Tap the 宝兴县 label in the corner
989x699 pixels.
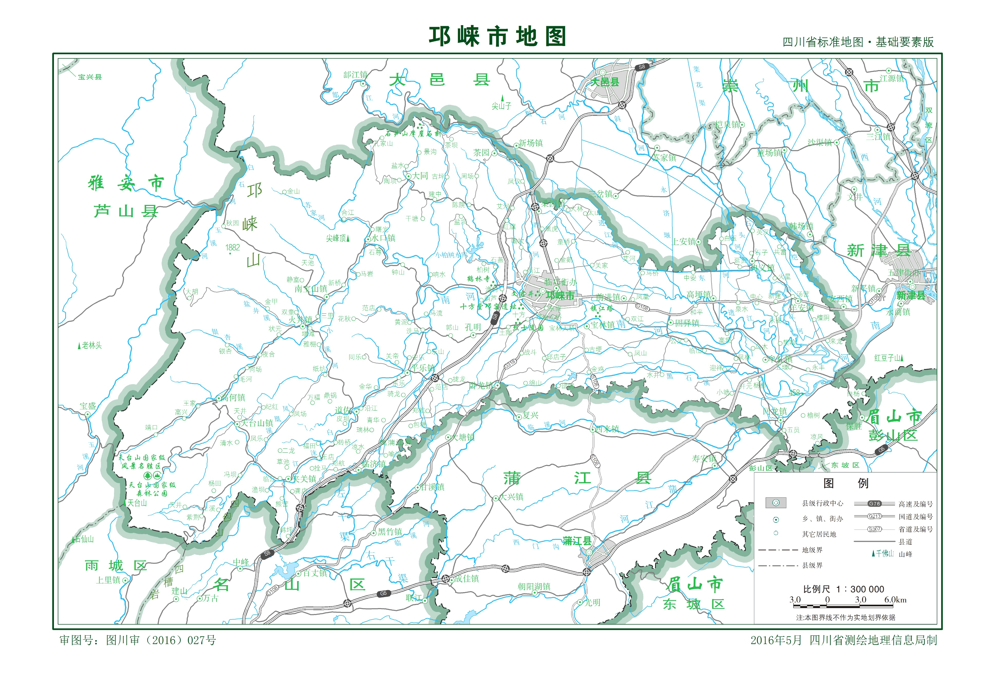click(90, 77)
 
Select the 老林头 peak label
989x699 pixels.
click(92, 345)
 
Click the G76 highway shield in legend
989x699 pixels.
click(874, 504)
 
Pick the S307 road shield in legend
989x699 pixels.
click(874, 529)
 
